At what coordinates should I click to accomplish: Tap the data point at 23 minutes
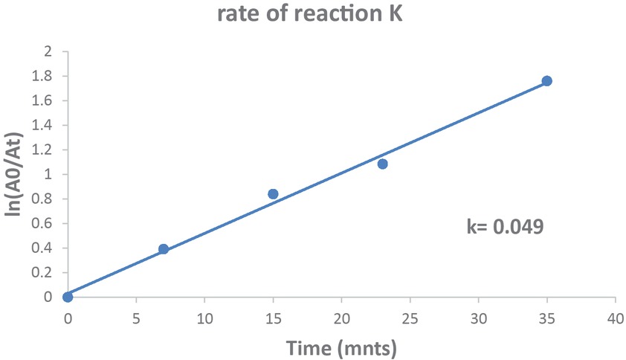(382, 164)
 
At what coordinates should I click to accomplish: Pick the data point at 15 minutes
(273, 194)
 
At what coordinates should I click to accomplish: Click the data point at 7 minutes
(164, 249)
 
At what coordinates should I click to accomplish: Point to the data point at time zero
(68, 297)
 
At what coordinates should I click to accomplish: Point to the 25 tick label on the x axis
(410, 318)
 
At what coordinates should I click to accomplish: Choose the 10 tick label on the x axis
(204, 318)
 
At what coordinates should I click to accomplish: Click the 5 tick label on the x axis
(136, 318)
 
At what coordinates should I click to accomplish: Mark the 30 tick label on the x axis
(478, 318)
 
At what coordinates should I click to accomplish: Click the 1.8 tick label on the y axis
(43, 77)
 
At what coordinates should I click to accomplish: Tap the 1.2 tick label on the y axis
(43, 150)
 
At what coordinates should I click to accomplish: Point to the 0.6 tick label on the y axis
(43, 224)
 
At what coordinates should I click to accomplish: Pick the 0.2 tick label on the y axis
(43, 273)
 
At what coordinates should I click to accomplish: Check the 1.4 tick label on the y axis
(43, 126)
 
